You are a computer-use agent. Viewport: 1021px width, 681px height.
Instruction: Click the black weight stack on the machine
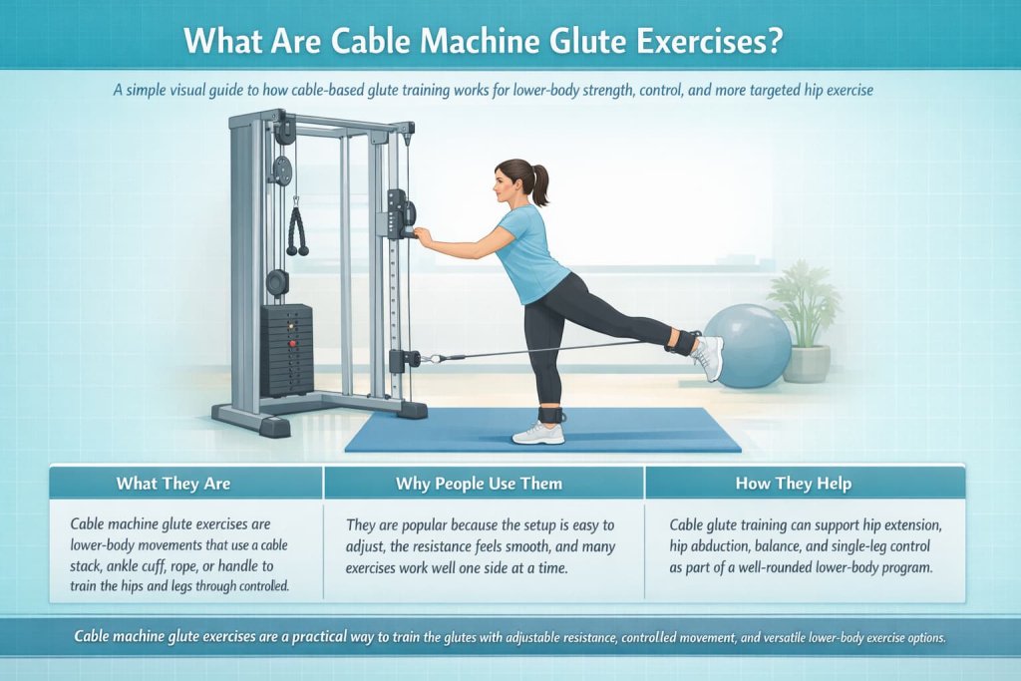[287, 349]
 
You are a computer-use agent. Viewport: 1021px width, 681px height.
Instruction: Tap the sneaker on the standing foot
[538, 433]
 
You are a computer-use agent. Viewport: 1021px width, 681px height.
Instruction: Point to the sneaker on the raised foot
[709, 357]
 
